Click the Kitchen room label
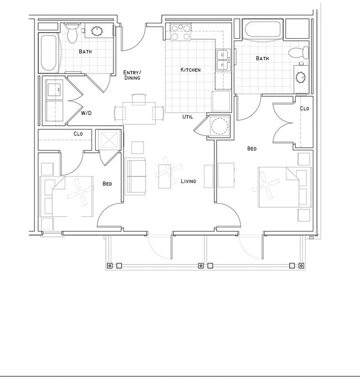190,70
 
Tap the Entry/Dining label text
131,75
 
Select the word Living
188,181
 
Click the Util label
188,117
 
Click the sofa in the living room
136,176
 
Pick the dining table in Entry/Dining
139,112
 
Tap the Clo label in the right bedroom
304,108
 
